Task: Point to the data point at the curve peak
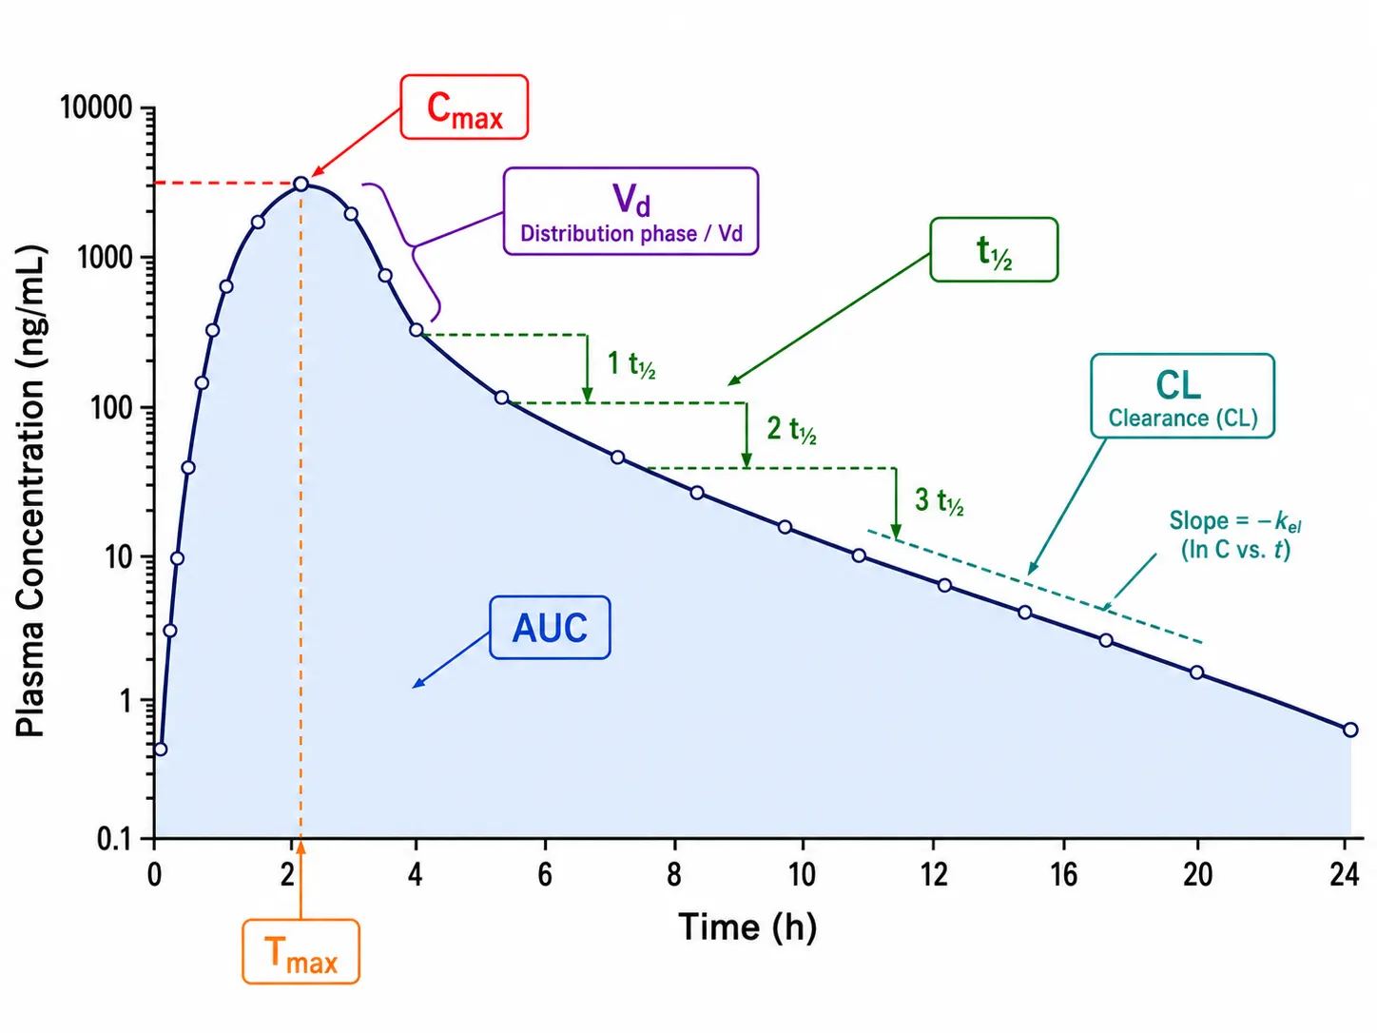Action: (301, 184)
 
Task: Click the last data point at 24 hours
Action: (1350, 730)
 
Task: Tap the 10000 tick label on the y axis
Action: (96, 107)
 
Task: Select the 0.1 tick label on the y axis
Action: (113, 839)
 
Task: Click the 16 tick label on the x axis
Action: (1064, 874)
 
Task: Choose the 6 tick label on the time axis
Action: (545, 874)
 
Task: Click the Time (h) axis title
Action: (747, 927)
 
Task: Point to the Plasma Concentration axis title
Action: (30, 491)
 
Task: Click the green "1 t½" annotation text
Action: (631, 364)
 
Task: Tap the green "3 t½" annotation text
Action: (940, 500)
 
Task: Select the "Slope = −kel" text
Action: (1234, 521)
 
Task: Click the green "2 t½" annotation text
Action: (792, 430)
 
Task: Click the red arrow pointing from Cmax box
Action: (357, 143)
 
